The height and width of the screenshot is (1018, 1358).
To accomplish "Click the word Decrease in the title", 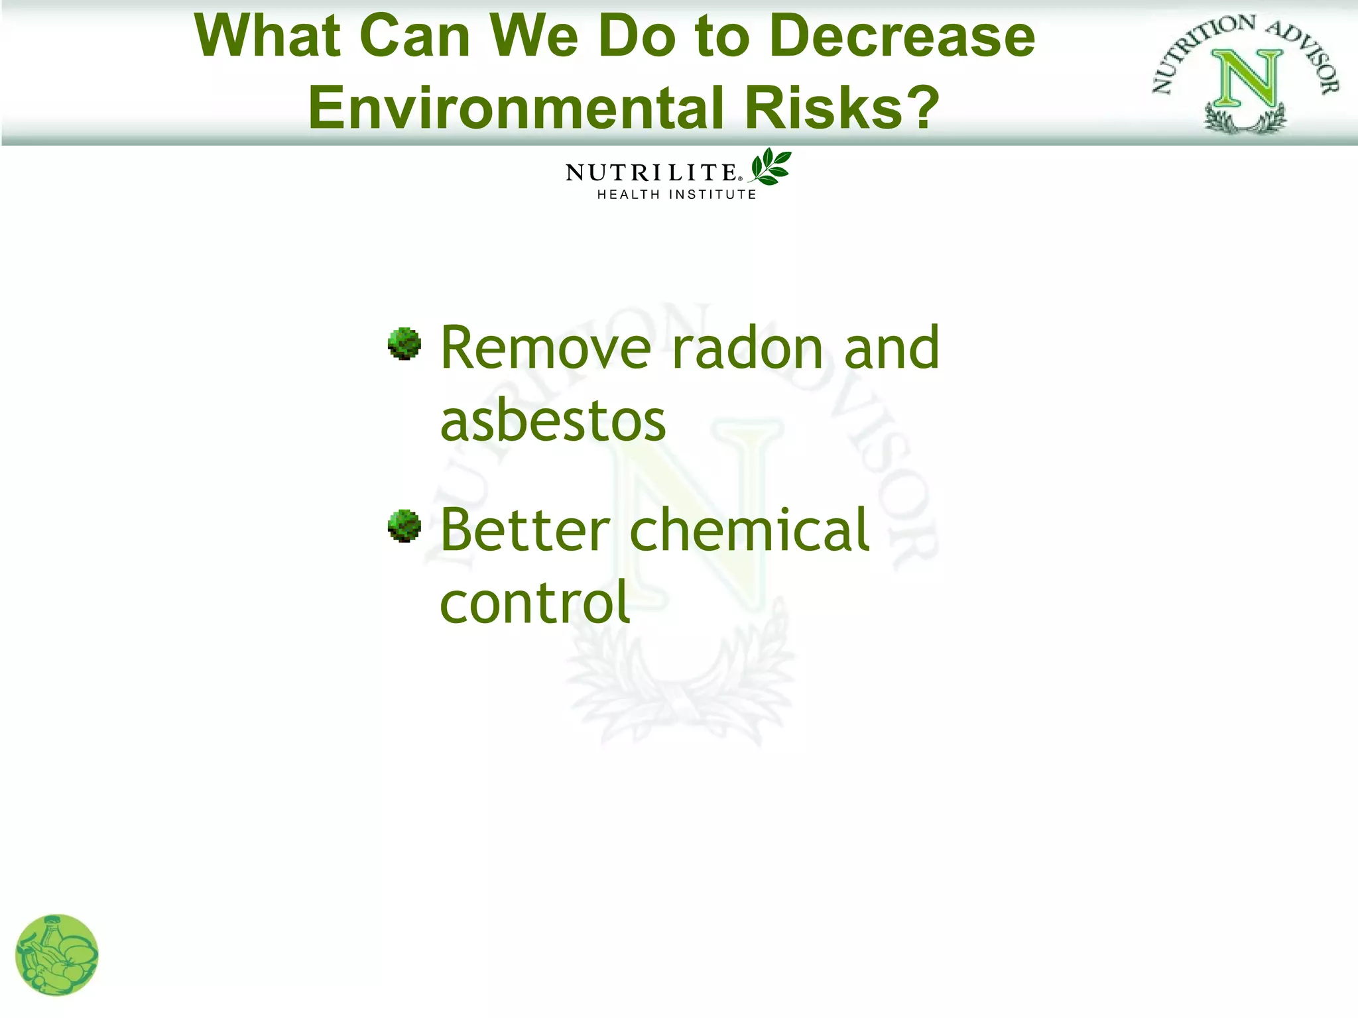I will click(x=902, y=36).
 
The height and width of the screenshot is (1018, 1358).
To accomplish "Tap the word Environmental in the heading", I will click(x=516, y=108).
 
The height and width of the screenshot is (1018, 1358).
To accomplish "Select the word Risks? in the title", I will click(x=842, y=108).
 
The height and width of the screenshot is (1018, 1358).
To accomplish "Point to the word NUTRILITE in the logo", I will click(x=650, y=172).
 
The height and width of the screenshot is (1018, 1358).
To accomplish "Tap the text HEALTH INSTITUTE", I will click(x=676, y=195).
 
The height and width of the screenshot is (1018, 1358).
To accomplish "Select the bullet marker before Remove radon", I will click(x=404, y=344).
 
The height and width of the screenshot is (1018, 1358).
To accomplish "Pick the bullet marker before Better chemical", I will click(x=404, y=526).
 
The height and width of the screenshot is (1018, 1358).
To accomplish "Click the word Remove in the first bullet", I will click(x=546, y=349).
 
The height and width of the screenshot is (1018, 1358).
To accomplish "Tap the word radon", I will click(x=747, y=349).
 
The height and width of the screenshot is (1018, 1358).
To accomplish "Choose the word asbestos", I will click(x=553, y=422).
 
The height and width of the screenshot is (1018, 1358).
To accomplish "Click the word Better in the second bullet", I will click(x=525, y=530).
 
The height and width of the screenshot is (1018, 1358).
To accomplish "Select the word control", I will click(x=534, y=603).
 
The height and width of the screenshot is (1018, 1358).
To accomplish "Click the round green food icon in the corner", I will click(x=57, y=955).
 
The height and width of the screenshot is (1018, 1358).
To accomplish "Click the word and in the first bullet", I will click(x=891, y=349).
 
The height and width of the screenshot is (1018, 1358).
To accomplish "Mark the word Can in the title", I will click(x=414, y=36).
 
